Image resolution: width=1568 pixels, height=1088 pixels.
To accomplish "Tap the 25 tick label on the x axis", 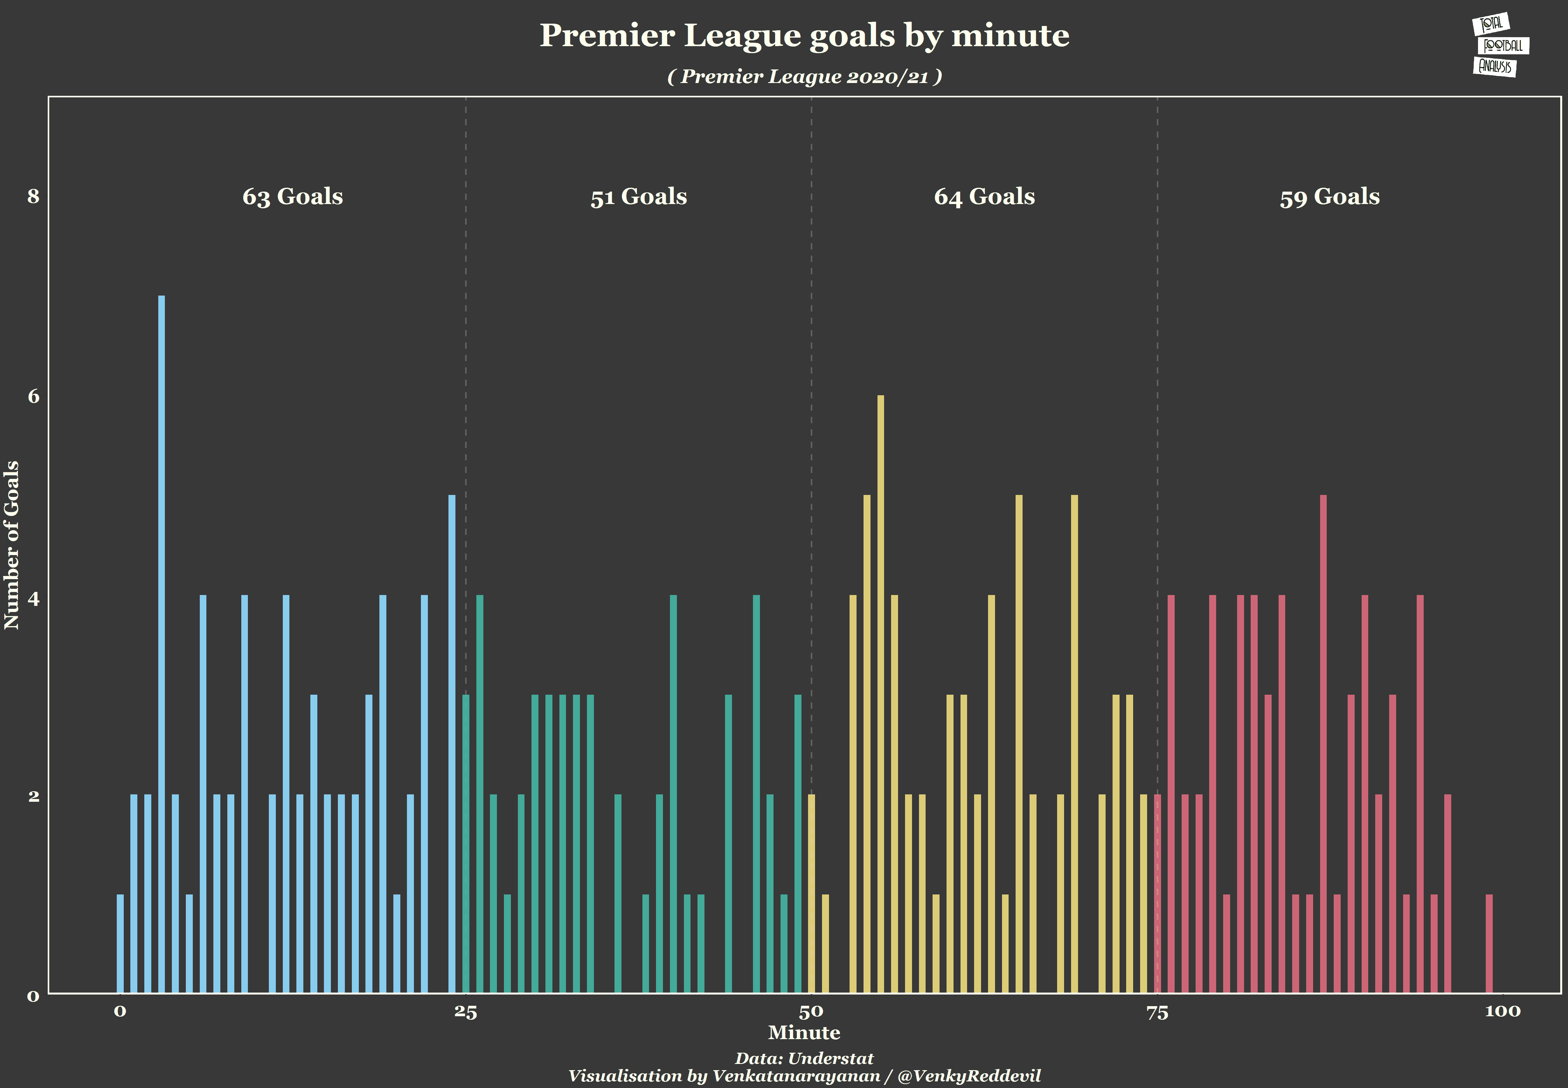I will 466,1012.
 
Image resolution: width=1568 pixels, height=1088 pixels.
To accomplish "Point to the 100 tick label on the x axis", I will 1502,1012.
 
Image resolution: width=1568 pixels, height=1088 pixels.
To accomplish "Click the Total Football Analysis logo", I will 1500,46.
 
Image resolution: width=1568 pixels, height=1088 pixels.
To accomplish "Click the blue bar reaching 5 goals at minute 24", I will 452,743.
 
